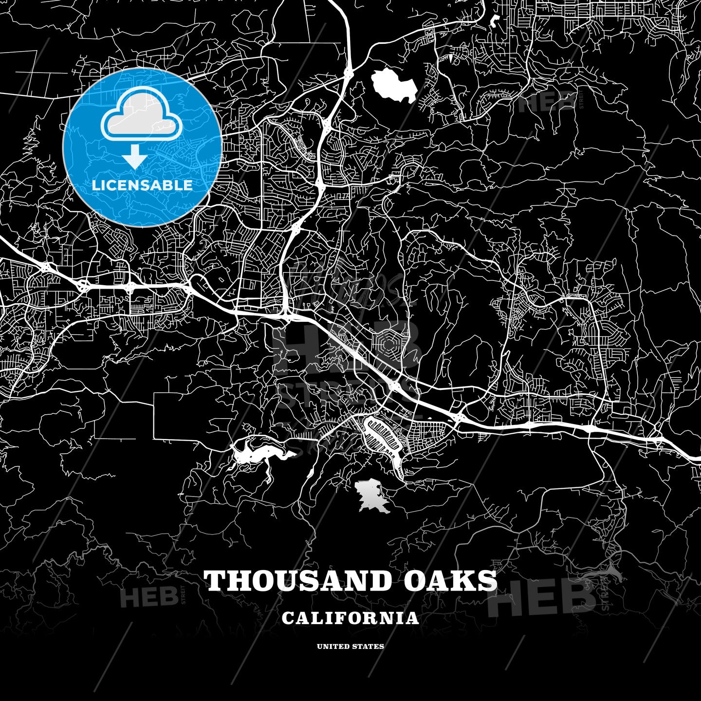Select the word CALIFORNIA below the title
350,618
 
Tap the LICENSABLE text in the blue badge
142,185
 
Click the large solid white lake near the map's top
394,85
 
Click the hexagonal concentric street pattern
388,345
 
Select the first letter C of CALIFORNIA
288,618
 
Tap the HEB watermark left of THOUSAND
149,597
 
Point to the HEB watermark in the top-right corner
545,103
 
